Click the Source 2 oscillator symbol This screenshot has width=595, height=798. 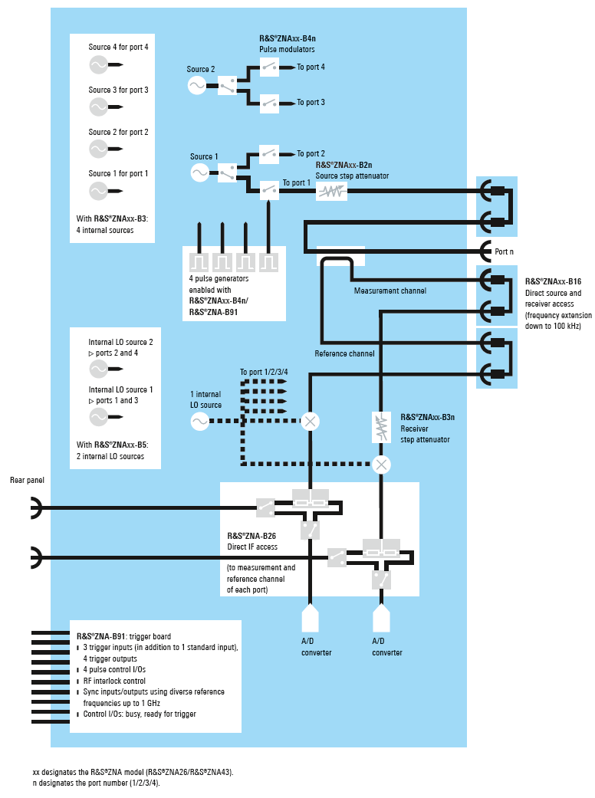(x=197, y=85)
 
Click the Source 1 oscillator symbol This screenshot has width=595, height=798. (x=199, y=172)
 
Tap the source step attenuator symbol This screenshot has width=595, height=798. (x=332, y=192)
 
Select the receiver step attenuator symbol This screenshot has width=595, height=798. (x=381, y=428)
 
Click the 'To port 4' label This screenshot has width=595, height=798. (x=311, y=67)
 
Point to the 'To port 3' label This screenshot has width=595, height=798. (x=311, y=102)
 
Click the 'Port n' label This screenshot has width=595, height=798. (x=505, y=251)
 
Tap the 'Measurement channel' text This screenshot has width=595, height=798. (x=390, y=291)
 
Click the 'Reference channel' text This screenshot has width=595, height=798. (x=344, y=354)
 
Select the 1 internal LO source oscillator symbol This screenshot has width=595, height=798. (x=199, y=421)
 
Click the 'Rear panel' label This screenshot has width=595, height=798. (x=27, y=481)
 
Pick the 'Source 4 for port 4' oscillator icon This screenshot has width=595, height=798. (x=99, y=65)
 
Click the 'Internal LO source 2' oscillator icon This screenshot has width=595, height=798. (x=99, y=369)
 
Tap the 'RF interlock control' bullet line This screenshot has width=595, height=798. (x=114, y=681)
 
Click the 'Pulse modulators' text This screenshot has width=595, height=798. (x=286, y=50)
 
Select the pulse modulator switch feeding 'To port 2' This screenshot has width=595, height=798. (x=269, y=154)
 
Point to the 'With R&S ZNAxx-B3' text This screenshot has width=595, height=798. (x=112, y=218)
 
